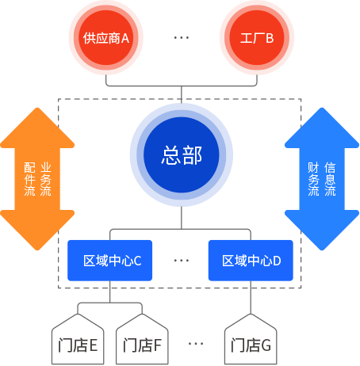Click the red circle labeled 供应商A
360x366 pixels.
coord(106,38)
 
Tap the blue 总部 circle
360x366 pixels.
coord(182,155)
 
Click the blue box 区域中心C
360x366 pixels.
coord(112,260)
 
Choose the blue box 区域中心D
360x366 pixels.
coord(251,260)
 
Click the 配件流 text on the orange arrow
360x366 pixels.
coord(30,180)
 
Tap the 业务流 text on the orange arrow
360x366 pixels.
coord(46,180)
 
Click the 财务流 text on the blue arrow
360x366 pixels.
coord(313,180)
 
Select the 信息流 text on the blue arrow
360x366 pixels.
coord(330,180)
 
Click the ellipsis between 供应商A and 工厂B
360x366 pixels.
coord(182,38)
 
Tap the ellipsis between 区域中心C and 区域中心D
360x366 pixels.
coord(182,260)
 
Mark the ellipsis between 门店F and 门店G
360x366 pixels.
coord(196,344)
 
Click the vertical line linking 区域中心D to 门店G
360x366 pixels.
coord(251,298)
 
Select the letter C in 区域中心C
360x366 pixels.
coord(137,260)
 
